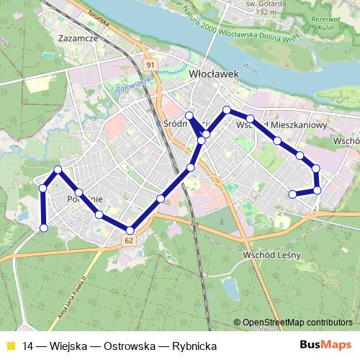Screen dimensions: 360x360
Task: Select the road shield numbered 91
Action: click(x=150, y=66)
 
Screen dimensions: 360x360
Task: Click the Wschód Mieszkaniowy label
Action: click(x=282, y=125)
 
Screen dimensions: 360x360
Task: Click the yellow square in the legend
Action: click(x=10, y=346)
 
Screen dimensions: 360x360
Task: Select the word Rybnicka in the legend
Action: click(x=195, y=346)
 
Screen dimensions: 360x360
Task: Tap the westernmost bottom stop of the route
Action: click(x=43, y=228)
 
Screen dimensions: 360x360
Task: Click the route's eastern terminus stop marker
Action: click(x=292, y=194)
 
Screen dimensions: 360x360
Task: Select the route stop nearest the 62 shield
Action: click(x=130, y=230)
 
